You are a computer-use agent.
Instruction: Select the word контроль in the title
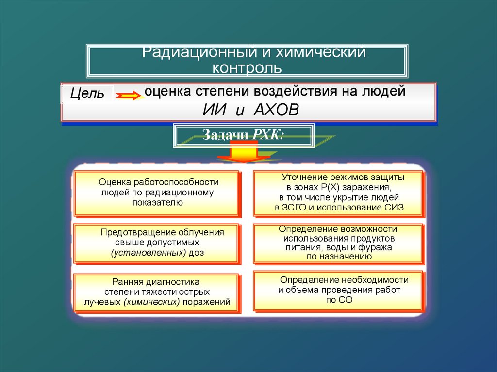[247, 67]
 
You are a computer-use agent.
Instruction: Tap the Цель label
[87, 94]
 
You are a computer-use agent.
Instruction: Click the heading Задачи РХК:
[243, 135]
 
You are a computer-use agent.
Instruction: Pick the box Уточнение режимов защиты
[338, 193]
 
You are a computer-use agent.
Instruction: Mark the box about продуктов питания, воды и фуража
[338, 242]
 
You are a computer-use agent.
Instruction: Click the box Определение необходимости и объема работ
[338, 290]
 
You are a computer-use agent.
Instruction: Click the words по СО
[338, 300]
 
